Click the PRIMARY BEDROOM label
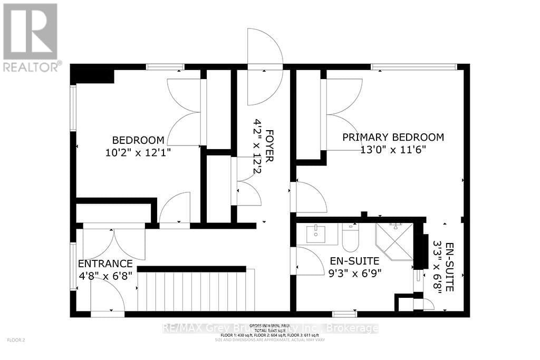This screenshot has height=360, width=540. click(393, 137)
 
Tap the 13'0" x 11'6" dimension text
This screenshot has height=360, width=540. click(393, 149)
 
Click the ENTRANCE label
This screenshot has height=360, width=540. click(105, 264)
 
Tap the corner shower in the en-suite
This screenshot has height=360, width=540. click(394, 241)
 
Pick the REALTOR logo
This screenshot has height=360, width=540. click(31, 37)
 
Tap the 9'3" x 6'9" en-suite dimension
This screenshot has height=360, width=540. click(355, 273)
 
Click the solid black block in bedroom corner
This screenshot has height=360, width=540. click(94, 76)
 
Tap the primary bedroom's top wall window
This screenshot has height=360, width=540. click(413, 67)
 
